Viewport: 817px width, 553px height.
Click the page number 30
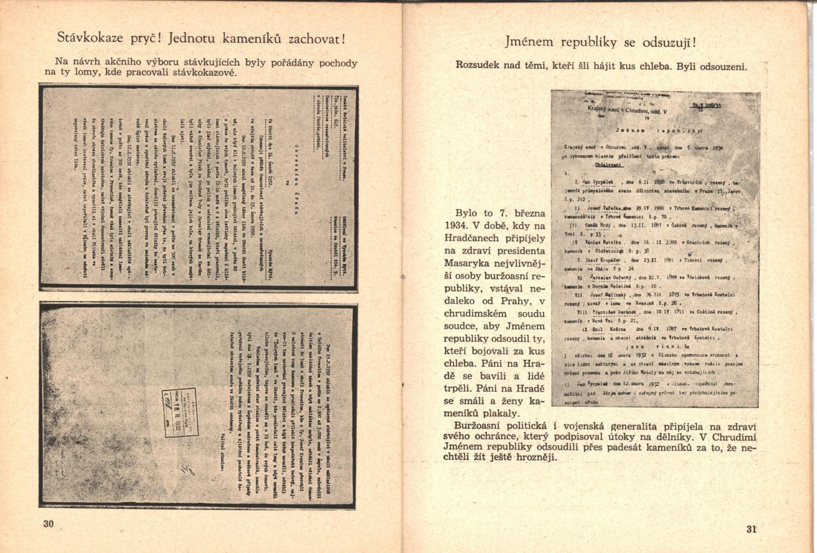[x=49, y=524]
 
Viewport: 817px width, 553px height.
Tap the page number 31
[x=751, y=529]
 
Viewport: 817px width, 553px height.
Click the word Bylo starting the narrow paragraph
[x=469, y=212]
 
